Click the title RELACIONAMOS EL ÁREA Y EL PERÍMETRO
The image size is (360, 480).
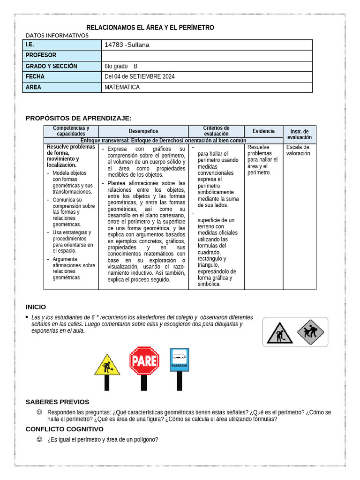point(150,28)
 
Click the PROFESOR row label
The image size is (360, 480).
point(41,55)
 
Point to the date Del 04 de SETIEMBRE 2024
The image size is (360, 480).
point(140,76)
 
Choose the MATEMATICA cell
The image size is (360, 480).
point(122,87)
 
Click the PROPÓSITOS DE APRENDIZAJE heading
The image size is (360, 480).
point(78,118)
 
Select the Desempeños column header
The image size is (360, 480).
point(143,131)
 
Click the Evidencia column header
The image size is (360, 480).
point(263,131)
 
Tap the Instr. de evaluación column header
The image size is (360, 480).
point(300,134)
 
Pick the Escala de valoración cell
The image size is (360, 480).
point(298,150)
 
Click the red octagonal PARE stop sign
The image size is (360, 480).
point(144,361)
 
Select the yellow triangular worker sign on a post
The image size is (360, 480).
point(107,365)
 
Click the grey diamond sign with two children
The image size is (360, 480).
point(311,332)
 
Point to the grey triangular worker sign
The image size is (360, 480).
point(279,333)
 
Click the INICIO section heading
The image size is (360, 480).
point(36,307)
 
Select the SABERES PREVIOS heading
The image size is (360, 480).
point(57,402)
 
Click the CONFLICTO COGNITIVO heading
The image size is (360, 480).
point(65,429)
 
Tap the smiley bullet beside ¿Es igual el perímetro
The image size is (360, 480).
point(39,439)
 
